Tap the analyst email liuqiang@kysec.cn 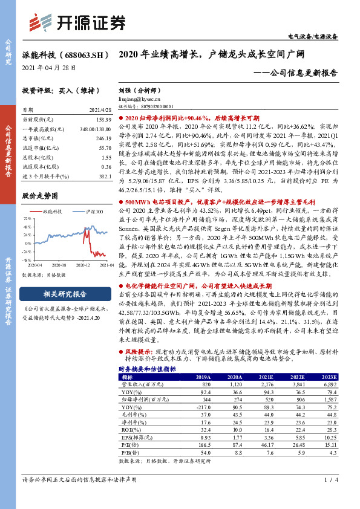coord(139,98)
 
